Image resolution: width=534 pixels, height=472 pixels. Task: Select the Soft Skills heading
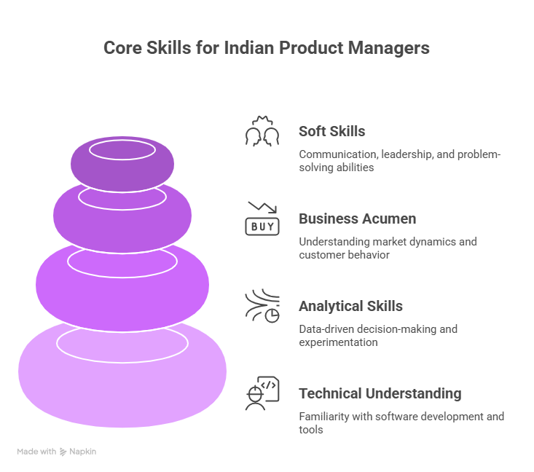pos(332,132)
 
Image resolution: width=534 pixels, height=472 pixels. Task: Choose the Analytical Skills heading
pos(350,307)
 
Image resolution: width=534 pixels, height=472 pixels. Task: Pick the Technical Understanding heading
pos(380,394)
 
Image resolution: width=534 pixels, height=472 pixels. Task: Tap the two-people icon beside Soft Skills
pos(262,132)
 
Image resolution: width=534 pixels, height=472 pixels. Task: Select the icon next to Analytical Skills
pos(262,306)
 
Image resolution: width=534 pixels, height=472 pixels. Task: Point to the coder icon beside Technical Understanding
pos(262,394)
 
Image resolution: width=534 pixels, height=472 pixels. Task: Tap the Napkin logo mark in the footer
pos(63,452)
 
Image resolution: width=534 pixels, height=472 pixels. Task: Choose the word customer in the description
pos(321,255)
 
